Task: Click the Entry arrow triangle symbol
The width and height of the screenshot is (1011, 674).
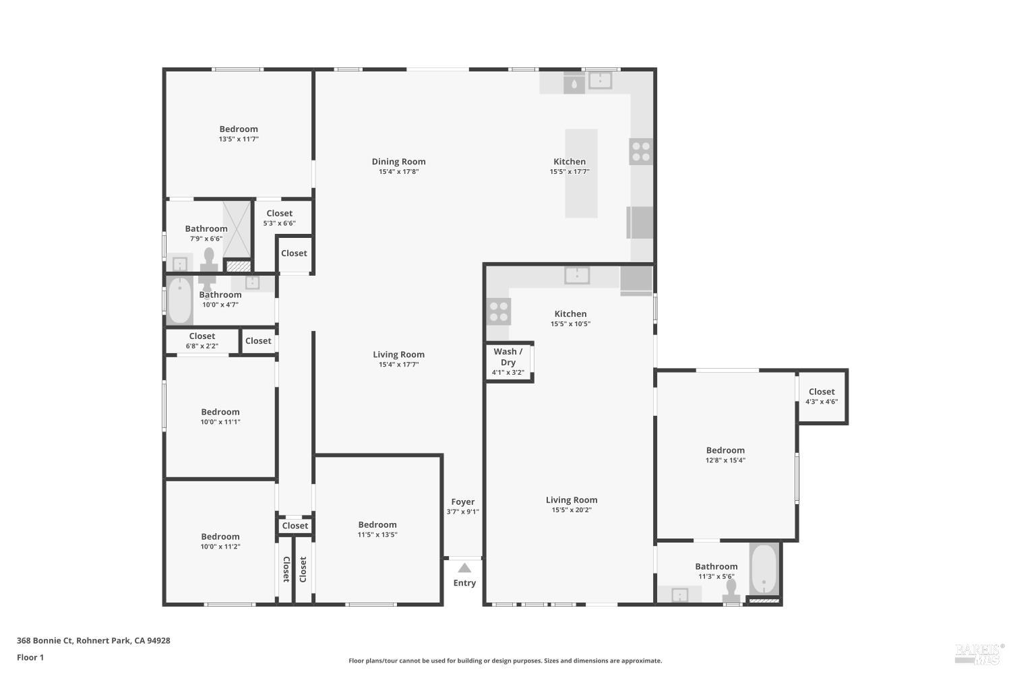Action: tap(464, 568)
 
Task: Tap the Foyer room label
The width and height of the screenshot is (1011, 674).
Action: tap(463, 502)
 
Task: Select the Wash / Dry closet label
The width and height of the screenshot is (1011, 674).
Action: tap(508, 357)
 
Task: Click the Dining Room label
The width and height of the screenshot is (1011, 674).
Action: tap(398, 162)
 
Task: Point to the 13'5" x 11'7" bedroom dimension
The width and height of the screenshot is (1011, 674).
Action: tap(239, 140)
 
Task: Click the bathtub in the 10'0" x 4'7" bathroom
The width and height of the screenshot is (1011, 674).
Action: tap(180, 301)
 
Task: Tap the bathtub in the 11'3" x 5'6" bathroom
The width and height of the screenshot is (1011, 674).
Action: tap(764, 569)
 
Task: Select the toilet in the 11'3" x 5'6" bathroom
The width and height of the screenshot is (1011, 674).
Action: tap(731, 590)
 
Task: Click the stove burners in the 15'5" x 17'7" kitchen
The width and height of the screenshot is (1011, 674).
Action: tap(641, 151)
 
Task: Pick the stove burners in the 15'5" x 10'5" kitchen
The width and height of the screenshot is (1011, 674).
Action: tap(499, 311)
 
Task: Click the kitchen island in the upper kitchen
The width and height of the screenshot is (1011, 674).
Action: tap(581, 173)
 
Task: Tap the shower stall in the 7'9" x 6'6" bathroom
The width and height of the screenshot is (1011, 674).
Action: tap(237, 229)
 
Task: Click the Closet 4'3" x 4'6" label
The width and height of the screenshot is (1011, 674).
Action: tap(822, 392)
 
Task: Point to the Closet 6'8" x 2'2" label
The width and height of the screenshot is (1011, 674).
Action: tap(202, 336)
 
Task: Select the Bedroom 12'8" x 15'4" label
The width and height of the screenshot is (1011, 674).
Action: tap(725, 451)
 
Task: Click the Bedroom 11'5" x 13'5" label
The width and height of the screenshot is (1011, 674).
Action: tap(377, 525)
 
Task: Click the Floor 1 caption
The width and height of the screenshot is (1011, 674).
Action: tap(30, 658)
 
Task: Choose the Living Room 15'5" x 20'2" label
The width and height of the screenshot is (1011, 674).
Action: tap(572, 500)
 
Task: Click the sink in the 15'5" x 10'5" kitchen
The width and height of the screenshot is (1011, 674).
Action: tap(577, 275)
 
